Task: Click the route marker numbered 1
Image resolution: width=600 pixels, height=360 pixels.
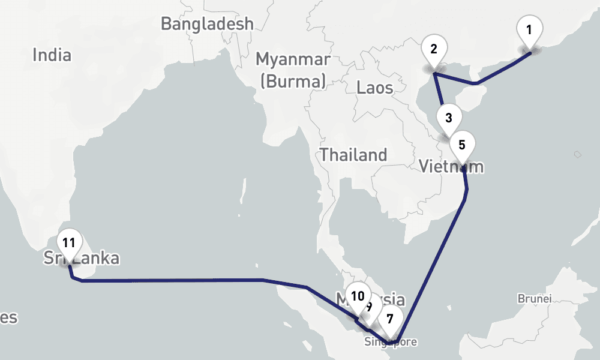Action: pos(529,30)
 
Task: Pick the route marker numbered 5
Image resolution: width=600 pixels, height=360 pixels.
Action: pos(462,145)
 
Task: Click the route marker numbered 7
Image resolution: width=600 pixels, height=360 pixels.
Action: pos(390,319)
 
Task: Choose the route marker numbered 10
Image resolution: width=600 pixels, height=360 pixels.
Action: pos(358,296)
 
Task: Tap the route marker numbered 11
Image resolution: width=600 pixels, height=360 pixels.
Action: pos(69,244)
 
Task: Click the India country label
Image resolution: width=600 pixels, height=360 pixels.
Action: pos(52,56)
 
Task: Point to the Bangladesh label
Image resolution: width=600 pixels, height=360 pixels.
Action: pos(207,24)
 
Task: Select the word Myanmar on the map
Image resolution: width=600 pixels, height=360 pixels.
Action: pos(293,59)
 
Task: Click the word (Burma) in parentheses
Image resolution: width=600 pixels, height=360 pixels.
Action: pos(293,80)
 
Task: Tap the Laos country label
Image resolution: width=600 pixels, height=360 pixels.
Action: pos(375,88)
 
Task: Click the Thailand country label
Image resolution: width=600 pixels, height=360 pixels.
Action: pos(353,155)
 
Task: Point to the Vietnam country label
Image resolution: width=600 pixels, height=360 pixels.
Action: pos(451,166)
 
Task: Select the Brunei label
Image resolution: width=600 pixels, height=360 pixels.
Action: pos(533,298)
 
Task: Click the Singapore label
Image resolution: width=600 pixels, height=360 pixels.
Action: pos(390,343)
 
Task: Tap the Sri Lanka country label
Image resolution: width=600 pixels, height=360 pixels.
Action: pos(82,259)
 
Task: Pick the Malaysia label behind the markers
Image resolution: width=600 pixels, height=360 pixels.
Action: pos(384,299)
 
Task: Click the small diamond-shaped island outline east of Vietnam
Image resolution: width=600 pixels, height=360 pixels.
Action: pos(577,154)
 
